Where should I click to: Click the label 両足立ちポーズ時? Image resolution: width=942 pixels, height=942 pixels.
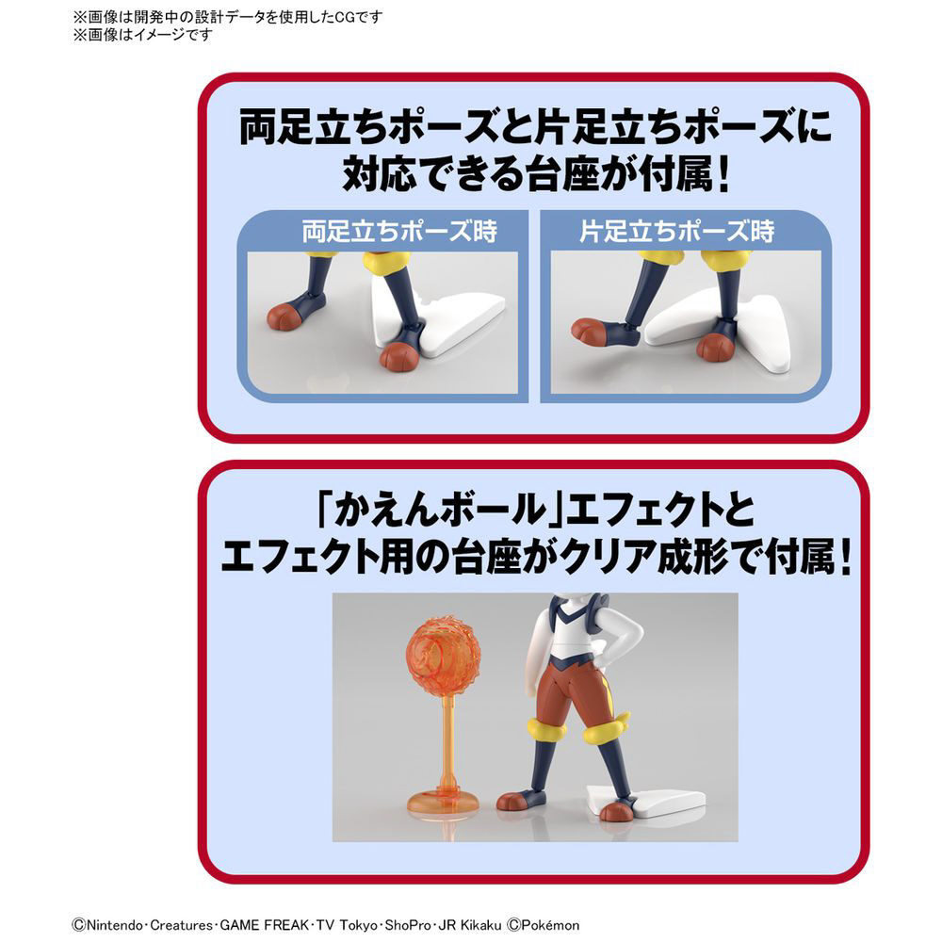399,232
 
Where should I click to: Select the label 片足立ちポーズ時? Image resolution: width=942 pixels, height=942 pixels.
677,232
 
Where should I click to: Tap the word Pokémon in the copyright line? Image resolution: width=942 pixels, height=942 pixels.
550,925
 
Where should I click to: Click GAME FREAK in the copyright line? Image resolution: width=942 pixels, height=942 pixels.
265,925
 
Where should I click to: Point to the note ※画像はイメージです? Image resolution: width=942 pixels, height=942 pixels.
143,35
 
